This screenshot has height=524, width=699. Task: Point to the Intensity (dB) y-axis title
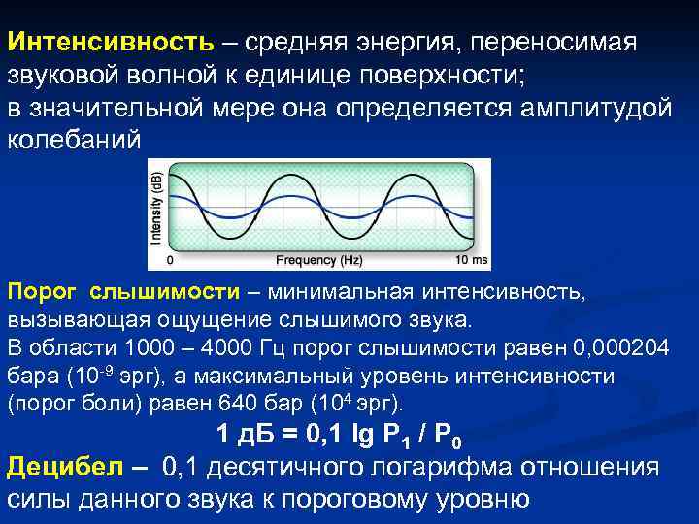click(155, 211)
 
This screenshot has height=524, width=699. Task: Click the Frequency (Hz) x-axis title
click(319, 260)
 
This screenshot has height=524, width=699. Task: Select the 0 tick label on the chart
click(171, 260)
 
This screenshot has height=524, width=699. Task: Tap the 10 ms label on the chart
click(476, 260)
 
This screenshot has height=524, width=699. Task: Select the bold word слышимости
click(165, 292)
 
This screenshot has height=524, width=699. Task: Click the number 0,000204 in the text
click(623, 348)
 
